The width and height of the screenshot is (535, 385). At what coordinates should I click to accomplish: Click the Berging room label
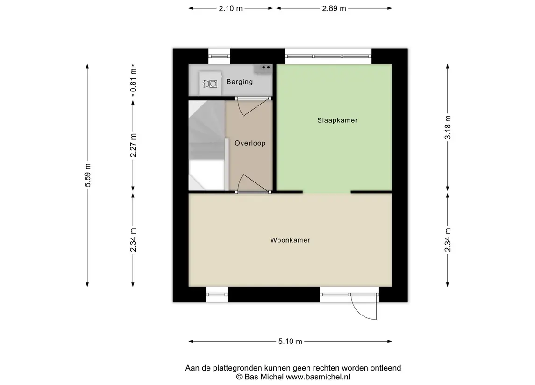point(240,82)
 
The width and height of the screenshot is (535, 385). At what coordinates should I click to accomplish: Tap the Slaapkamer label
point(337,120)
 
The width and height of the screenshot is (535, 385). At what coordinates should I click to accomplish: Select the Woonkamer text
point(290,240)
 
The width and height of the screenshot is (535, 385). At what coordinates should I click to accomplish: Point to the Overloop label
point(250,143)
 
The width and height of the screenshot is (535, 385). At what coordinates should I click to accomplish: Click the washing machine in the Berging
point(210,84)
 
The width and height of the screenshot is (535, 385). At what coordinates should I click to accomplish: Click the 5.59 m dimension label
point(88,175)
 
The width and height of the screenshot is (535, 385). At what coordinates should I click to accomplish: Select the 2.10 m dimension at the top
point(231,8)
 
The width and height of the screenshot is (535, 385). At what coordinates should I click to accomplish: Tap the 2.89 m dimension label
point(334,8)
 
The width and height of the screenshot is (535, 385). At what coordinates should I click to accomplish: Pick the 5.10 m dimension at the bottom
point(290,342)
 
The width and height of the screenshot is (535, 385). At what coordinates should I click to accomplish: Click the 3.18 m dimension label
point(448,127)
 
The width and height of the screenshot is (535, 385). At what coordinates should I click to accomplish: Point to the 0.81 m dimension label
point(133,80)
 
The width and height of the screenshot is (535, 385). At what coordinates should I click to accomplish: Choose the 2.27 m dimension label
point(133,146)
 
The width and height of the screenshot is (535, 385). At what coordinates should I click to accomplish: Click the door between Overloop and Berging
point(253,106)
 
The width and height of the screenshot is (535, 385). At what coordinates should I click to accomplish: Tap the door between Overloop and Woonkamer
point(253,184)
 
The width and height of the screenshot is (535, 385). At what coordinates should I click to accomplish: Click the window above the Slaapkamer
point(328,56)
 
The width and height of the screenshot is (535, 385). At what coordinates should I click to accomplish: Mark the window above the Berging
point(220,56)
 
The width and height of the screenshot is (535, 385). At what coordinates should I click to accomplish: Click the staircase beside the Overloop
point(207,146)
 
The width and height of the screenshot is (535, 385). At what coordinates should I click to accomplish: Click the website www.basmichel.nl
point(318,377)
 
